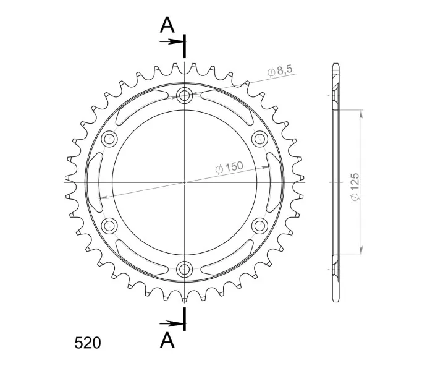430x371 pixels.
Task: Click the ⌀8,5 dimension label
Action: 280,70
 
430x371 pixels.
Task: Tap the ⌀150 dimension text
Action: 229,167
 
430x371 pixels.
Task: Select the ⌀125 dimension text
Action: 355,187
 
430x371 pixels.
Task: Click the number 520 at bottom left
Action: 88,343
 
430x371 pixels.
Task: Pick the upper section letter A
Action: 167,25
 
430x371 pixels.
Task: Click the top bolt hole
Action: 185,95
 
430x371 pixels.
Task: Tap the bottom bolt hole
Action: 185,269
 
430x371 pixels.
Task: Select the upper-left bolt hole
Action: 109,139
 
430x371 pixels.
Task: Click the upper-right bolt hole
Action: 259,139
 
